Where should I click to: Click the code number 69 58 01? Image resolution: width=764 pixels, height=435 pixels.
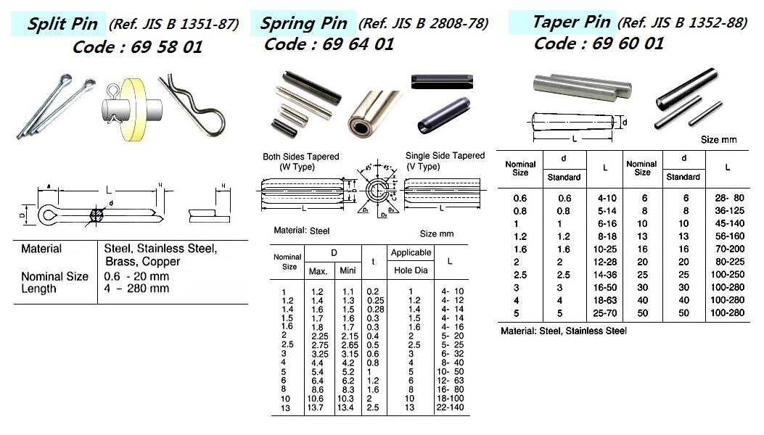137,48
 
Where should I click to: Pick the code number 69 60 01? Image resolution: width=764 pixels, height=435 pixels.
599,43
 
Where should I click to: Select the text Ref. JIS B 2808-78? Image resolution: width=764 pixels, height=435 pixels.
423,24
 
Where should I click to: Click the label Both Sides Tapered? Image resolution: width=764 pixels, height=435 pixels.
300,157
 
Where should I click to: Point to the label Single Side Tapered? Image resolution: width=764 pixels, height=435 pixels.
445,156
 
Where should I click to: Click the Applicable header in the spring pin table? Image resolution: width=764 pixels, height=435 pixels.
411,253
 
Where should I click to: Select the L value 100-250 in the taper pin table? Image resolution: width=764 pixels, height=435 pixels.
727,275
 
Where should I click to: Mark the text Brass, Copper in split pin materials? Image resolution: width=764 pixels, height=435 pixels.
142,262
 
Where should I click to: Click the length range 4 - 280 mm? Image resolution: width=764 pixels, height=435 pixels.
137,289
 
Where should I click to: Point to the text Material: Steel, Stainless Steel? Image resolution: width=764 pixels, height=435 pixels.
563,331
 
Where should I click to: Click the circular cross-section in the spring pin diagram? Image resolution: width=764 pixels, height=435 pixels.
377,193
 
